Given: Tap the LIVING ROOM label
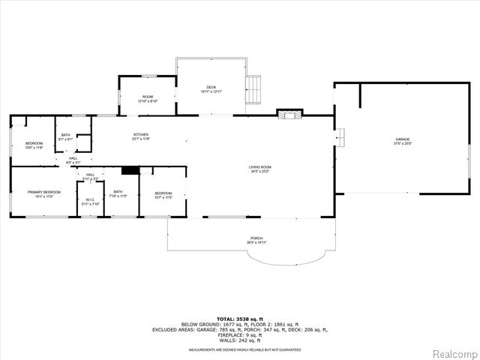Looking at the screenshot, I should (x=260, y=169).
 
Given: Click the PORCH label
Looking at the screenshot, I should (x=256, y=240).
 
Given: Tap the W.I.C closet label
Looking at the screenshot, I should (x=89, y=201).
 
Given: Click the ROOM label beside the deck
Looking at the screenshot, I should (x=148, y=97).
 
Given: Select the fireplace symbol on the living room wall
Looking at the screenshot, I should (x=289, y=114).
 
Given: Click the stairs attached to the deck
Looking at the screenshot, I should (x=256, y=89).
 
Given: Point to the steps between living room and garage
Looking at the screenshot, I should (x=339, y=137).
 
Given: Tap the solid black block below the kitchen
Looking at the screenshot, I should (x=130, y=170).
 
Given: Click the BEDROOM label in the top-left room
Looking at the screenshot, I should (x=34, y=145).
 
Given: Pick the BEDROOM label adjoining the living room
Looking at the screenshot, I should (x=163, y=195).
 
